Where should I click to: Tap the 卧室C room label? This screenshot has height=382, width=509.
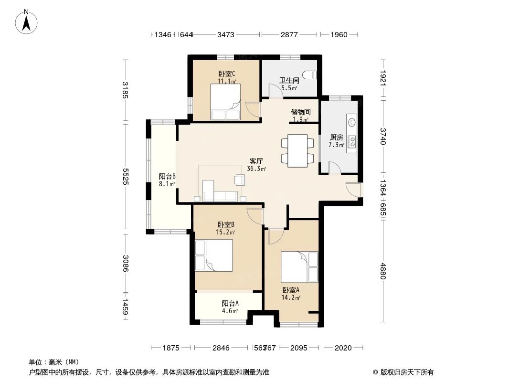(227, 74)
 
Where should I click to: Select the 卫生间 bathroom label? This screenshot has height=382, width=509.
(289, 81)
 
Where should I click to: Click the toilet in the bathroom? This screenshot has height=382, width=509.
(311, 74)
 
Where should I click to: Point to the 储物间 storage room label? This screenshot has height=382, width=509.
(300, 112)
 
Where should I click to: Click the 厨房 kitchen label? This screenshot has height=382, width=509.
(336, 138)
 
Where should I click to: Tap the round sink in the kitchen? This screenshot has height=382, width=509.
(352, 122)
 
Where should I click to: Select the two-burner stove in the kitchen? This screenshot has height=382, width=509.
(352, 142)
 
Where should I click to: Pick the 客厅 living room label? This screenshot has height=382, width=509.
(256, 161)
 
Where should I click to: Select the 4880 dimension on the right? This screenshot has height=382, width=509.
(382, 273)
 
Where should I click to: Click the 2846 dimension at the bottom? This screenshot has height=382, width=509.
(221, 348)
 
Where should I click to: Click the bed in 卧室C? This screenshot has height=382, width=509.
(225, 102)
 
